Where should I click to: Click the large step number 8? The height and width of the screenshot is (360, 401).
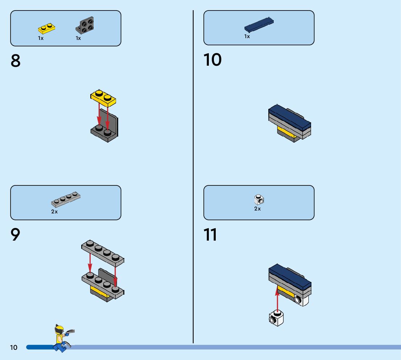16,61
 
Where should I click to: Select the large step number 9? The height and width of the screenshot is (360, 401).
16,235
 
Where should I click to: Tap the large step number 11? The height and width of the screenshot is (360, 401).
210,235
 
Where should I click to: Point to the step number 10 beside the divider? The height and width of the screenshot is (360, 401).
212,60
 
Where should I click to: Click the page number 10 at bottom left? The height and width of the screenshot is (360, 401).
13,348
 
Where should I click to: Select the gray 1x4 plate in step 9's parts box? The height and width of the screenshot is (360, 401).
66,199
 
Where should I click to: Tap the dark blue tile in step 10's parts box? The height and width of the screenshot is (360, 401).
259,24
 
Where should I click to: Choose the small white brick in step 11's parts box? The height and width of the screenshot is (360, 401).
259,200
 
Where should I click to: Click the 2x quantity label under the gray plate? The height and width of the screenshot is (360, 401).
54,212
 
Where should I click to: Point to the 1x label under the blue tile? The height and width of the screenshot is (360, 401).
247,36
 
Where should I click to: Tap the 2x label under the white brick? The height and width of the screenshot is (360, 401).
257,209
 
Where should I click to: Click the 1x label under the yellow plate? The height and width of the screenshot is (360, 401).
41,38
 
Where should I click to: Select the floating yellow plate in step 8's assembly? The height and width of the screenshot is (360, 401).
103,97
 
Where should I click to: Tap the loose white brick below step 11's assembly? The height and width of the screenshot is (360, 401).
276,319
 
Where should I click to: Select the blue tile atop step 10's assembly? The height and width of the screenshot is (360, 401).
290,116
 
